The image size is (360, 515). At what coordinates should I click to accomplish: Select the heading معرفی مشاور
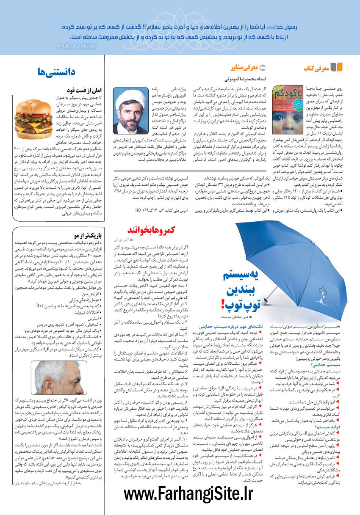coord(244,68)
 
